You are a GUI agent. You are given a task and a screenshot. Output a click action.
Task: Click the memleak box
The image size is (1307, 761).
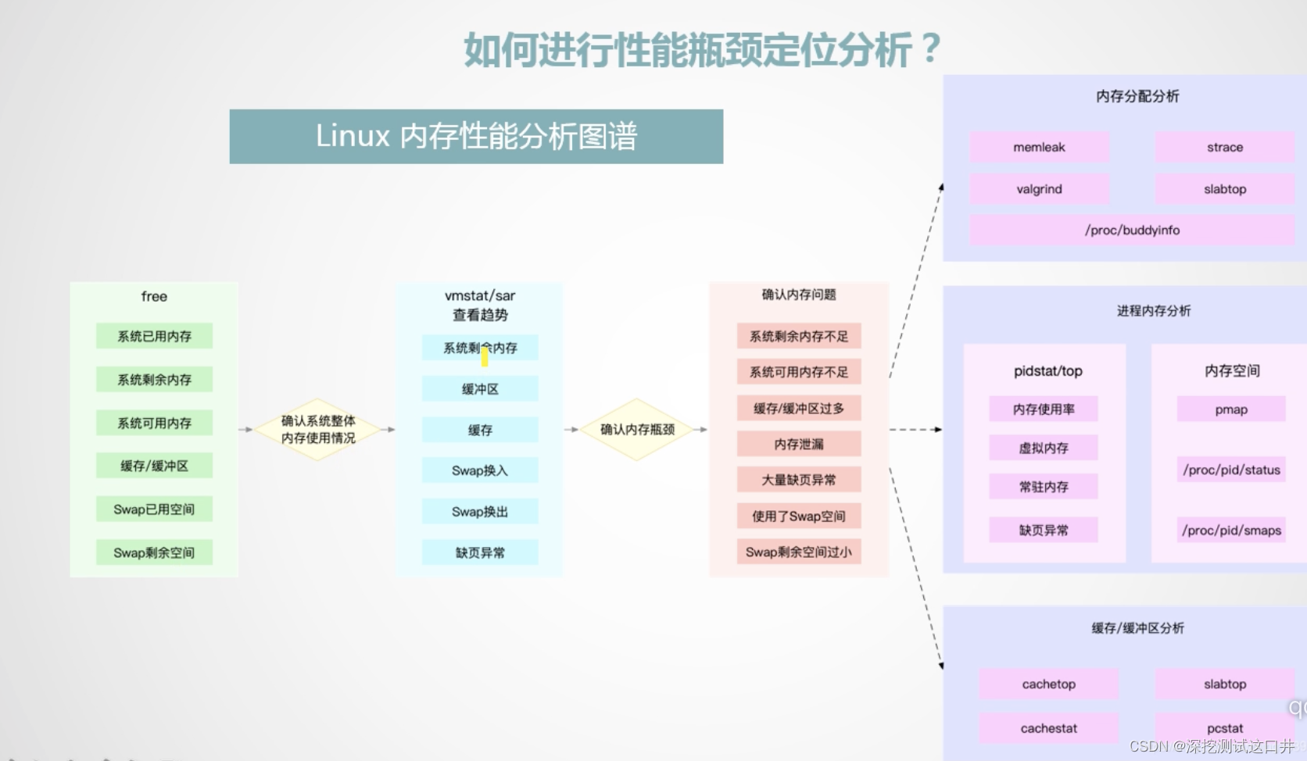coord(1039,147)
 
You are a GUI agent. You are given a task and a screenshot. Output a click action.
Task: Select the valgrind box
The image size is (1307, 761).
coord(1039,189)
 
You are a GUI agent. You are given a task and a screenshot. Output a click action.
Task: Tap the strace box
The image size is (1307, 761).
coord(1224,147)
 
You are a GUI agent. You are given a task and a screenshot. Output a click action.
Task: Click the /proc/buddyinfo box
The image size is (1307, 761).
coord(1132,230)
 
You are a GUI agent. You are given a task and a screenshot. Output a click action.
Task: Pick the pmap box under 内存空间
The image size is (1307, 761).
coord(1231,409)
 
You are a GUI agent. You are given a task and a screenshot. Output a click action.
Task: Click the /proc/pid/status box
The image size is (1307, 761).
coord(1231,470)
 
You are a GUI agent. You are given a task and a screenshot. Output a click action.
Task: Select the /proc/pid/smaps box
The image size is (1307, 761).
coord(1231,531)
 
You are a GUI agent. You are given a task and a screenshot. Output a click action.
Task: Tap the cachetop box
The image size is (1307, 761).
coord(1048,684)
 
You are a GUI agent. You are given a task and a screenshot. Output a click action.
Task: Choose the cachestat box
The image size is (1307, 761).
coord(1048,728)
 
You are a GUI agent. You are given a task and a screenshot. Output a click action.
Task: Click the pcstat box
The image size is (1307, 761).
coord(1224,728)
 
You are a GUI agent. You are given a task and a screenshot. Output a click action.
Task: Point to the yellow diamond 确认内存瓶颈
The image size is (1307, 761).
coord(637,429)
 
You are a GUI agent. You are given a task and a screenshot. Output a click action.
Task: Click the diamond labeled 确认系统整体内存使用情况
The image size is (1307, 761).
coord(318,429)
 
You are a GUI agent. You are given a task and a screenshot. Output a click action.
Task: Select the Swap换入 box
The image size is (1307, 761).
coord(480,470)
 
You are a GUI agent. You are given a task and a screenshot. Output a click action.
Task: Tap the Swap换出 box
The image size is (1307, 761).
coord(480,512)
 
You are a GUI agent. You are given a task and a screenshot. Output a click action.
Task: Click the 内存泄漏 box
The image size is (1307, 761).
coord(799,444)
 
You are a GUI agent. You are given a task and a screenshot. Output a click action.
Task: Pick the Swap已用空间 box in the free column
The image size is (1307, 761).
coord(154,509)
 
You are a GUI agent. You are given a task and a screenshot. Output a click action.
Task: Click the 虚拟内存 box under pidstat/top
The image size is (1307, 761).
coord(1044,448)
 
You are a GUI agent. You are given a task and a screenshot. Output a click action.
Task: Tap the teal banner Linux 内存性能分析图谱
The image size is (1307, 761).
coord(476,137)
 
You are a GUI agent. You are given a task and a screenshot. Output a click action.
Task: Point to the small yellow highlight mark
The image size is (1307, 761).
coord(485,357)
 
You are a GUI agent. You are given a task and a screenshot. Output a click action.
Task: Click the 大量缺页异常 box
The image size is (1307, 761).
coord(799,480)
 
